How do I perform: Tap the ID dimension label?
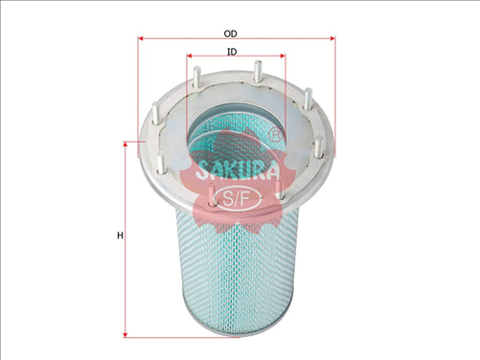click(x=233, y=50)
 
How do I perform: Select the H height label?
click(x=119, y=235)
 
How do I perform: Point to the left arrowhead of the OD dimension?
click(x=142, y=38)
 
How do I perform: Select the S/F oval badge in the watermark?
click(x=233, y=198)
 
